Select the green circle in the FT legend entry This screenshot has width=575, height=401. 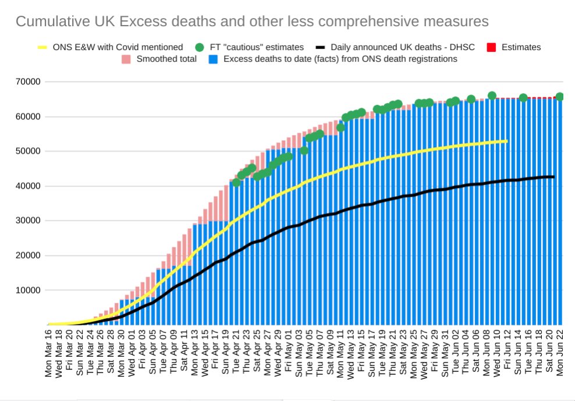click(200, 47)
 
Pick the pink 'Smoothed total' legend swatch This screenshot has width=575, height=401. click(126, 59)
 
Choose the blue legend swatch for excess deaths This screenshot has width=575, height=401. click(214, 59)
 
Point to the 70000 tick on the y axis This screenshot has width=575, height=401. click(27, 82)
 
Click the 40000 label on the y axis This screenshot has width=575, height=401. click(27, 186)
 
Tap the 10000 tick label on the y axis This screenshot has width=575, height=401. click(27, 290)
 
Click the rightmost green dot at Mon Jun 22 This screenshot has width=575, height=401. click(560, 97)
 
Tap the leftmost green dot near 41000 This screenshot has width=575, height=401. click(236, 182)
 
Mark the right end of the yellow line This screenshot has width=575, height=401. click(507, 141)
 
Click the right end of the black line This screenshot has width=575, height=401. click(553, 177)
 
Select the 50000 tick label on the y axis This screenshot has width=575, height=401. click(27, 151)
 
